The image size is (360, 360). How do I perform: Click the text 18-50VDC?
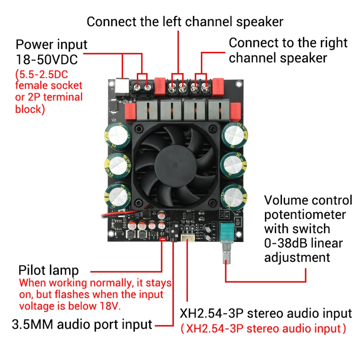tap(46, 59)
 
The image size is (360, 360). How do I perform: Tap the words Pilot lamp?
tap(48, 270)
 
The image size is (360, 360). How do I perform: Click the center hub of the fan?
tap(175, 166)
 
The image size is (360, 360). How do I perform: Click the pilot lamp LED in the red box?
tap(163, 238)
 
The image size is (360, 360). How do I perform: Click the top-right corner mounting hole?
tap(238, 84)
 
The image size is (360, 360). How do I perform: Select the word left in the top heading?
tap(158, 22)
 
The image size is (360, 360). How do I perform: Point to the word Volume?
tap(287, 200)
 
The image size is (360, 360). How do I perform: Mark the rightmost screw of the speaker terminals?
tap(206, 86)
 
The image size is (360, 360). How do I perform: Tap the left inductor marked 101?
tap(131, 235)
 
